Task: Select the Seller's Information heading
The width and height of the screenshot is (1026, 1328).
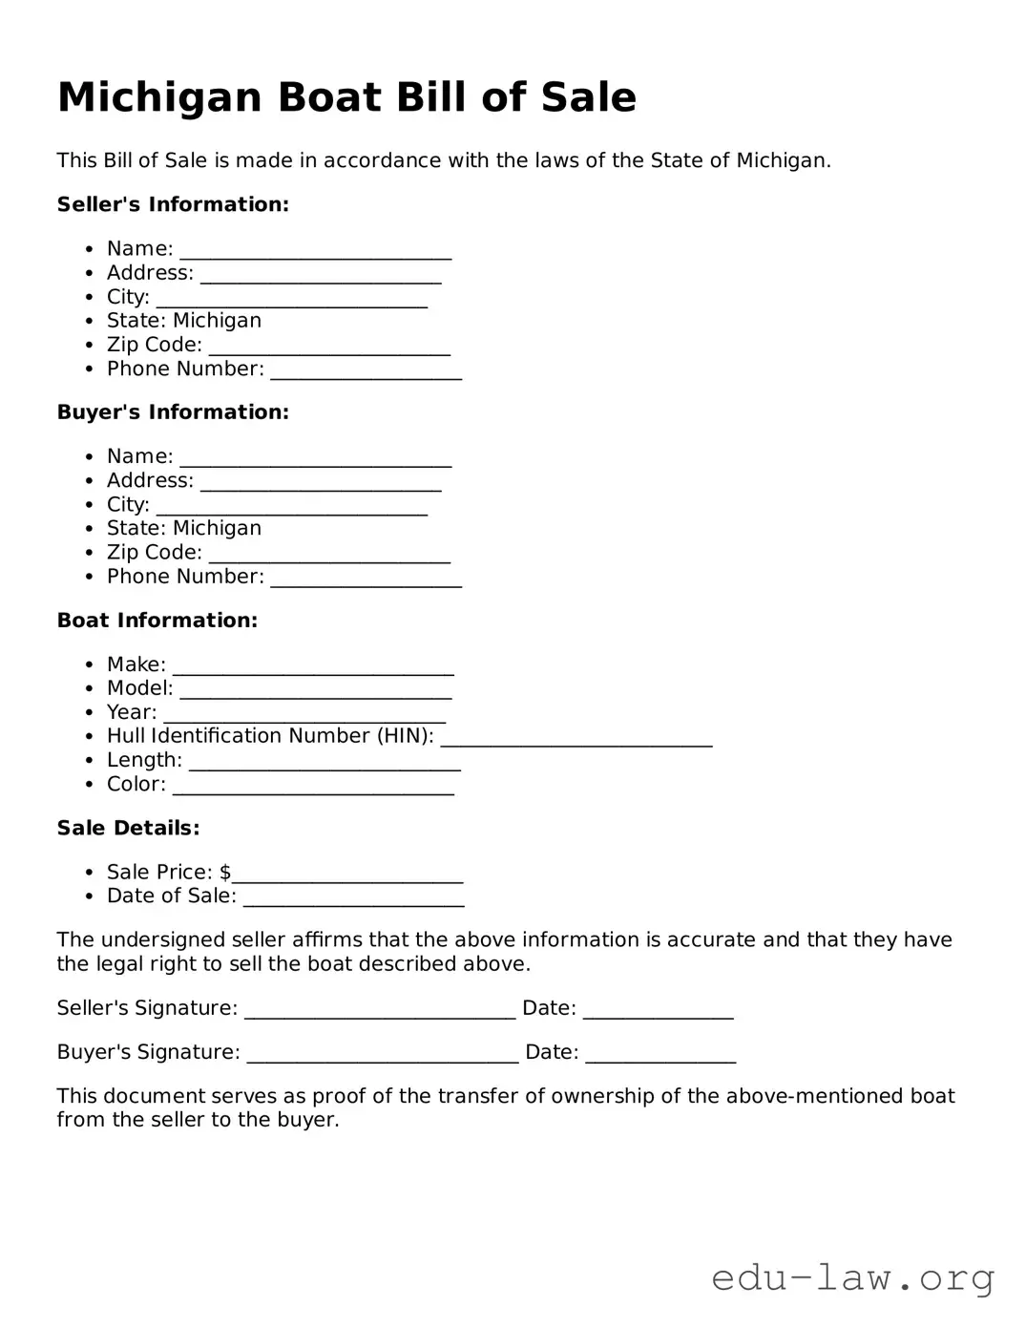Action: (173, 204)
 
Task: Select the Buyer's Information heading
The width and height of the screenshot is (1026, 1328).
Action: (173, 412)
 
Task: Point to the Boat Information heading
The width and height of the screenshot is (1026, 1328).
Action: (157, 621)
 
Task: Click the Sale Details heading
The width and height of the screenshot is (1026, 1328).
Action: (128, 828)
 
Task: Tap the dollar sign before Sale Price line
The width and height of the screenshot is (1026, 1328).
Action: (225, 872)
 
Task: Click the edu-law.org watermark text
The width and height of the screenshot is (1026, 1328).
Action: (852, 1276)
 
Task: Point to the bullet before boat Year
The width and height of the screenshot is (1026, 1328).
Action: (89, 712)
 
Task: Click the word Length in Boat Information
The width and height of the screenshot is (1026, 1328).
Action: (144, 760)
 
